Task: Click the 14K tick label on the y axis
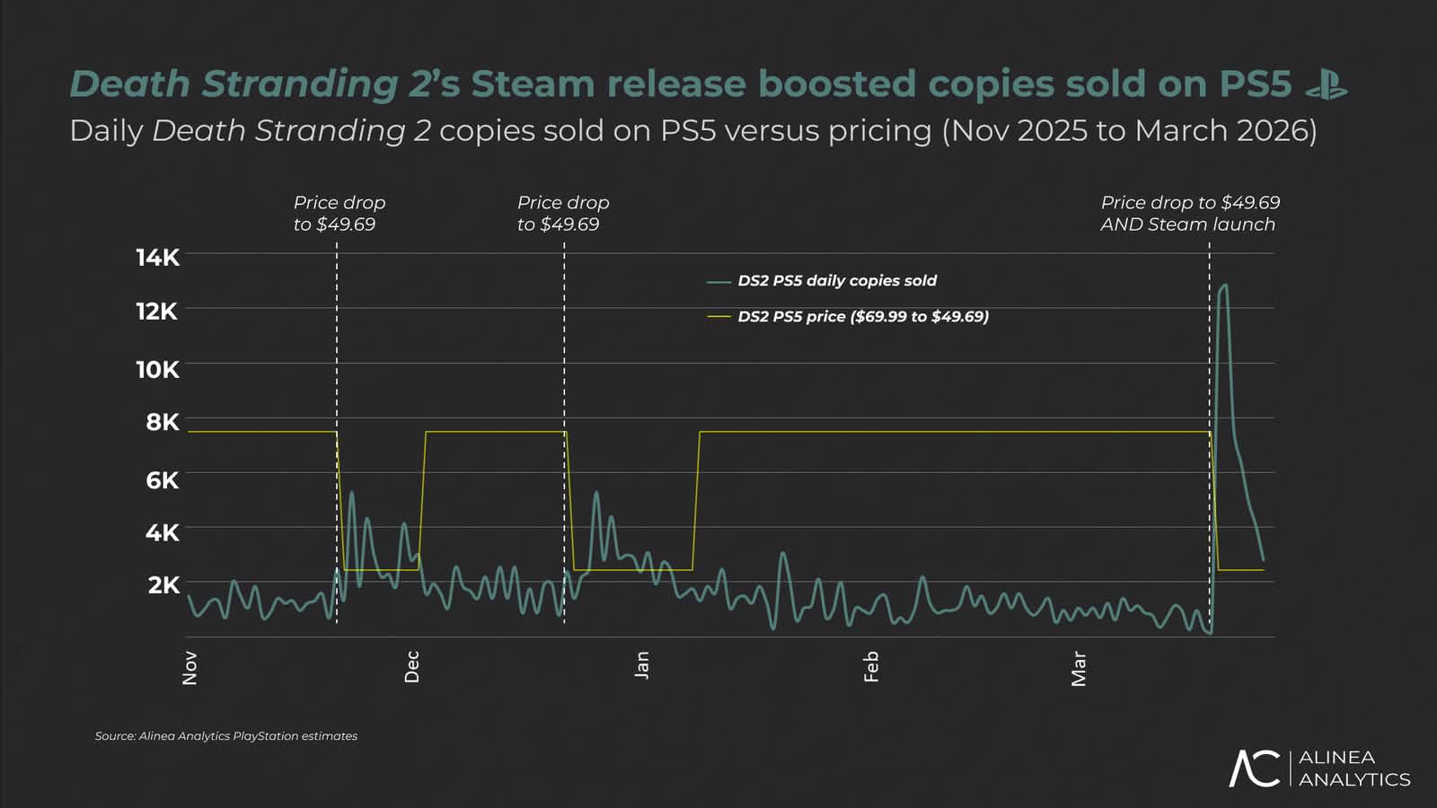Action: pyautogui.click(x=157, y=258)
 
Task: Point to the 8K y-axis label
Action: pyautogui.click(x=163, y=422)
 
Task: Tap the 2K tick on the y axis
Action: pyautogui.click(x=163, y=585)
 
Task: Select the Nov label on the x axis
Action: pyautogui.click(x=190, y=668)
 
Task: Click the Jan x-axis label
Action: pyautogui.click(x=641, y=665)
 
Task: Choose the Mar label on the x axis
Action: pyautogui.click(x=1079, y=670)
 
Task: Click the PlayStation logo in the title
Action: pyautogui.click(x=1326, y=84)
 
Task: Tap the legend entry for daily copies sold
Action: pyautogui.click(x=836, y=281)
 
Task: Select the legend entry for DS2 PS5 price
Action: pyautogui.click(x=862, y=317)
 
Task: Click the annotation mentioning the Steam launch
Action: pyautogui.click(x=1189, y=214)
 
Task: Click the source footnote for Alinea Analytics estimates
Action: pyautogui.click(x=226, y=736)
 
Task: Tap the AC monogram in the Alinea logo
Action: pyautogui.click(x=1254, y=768)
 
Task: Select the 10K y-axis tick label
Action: pyautogui.click(x=157, y=370)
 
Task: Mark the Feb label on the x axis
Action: pyautogui.click(x=870, y=667)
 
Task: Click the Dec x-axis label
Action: pyautogui.click(x=411, y=667)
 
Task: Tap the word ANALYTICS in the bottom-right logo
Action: pyautogui.click(x=1354, y=779)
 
